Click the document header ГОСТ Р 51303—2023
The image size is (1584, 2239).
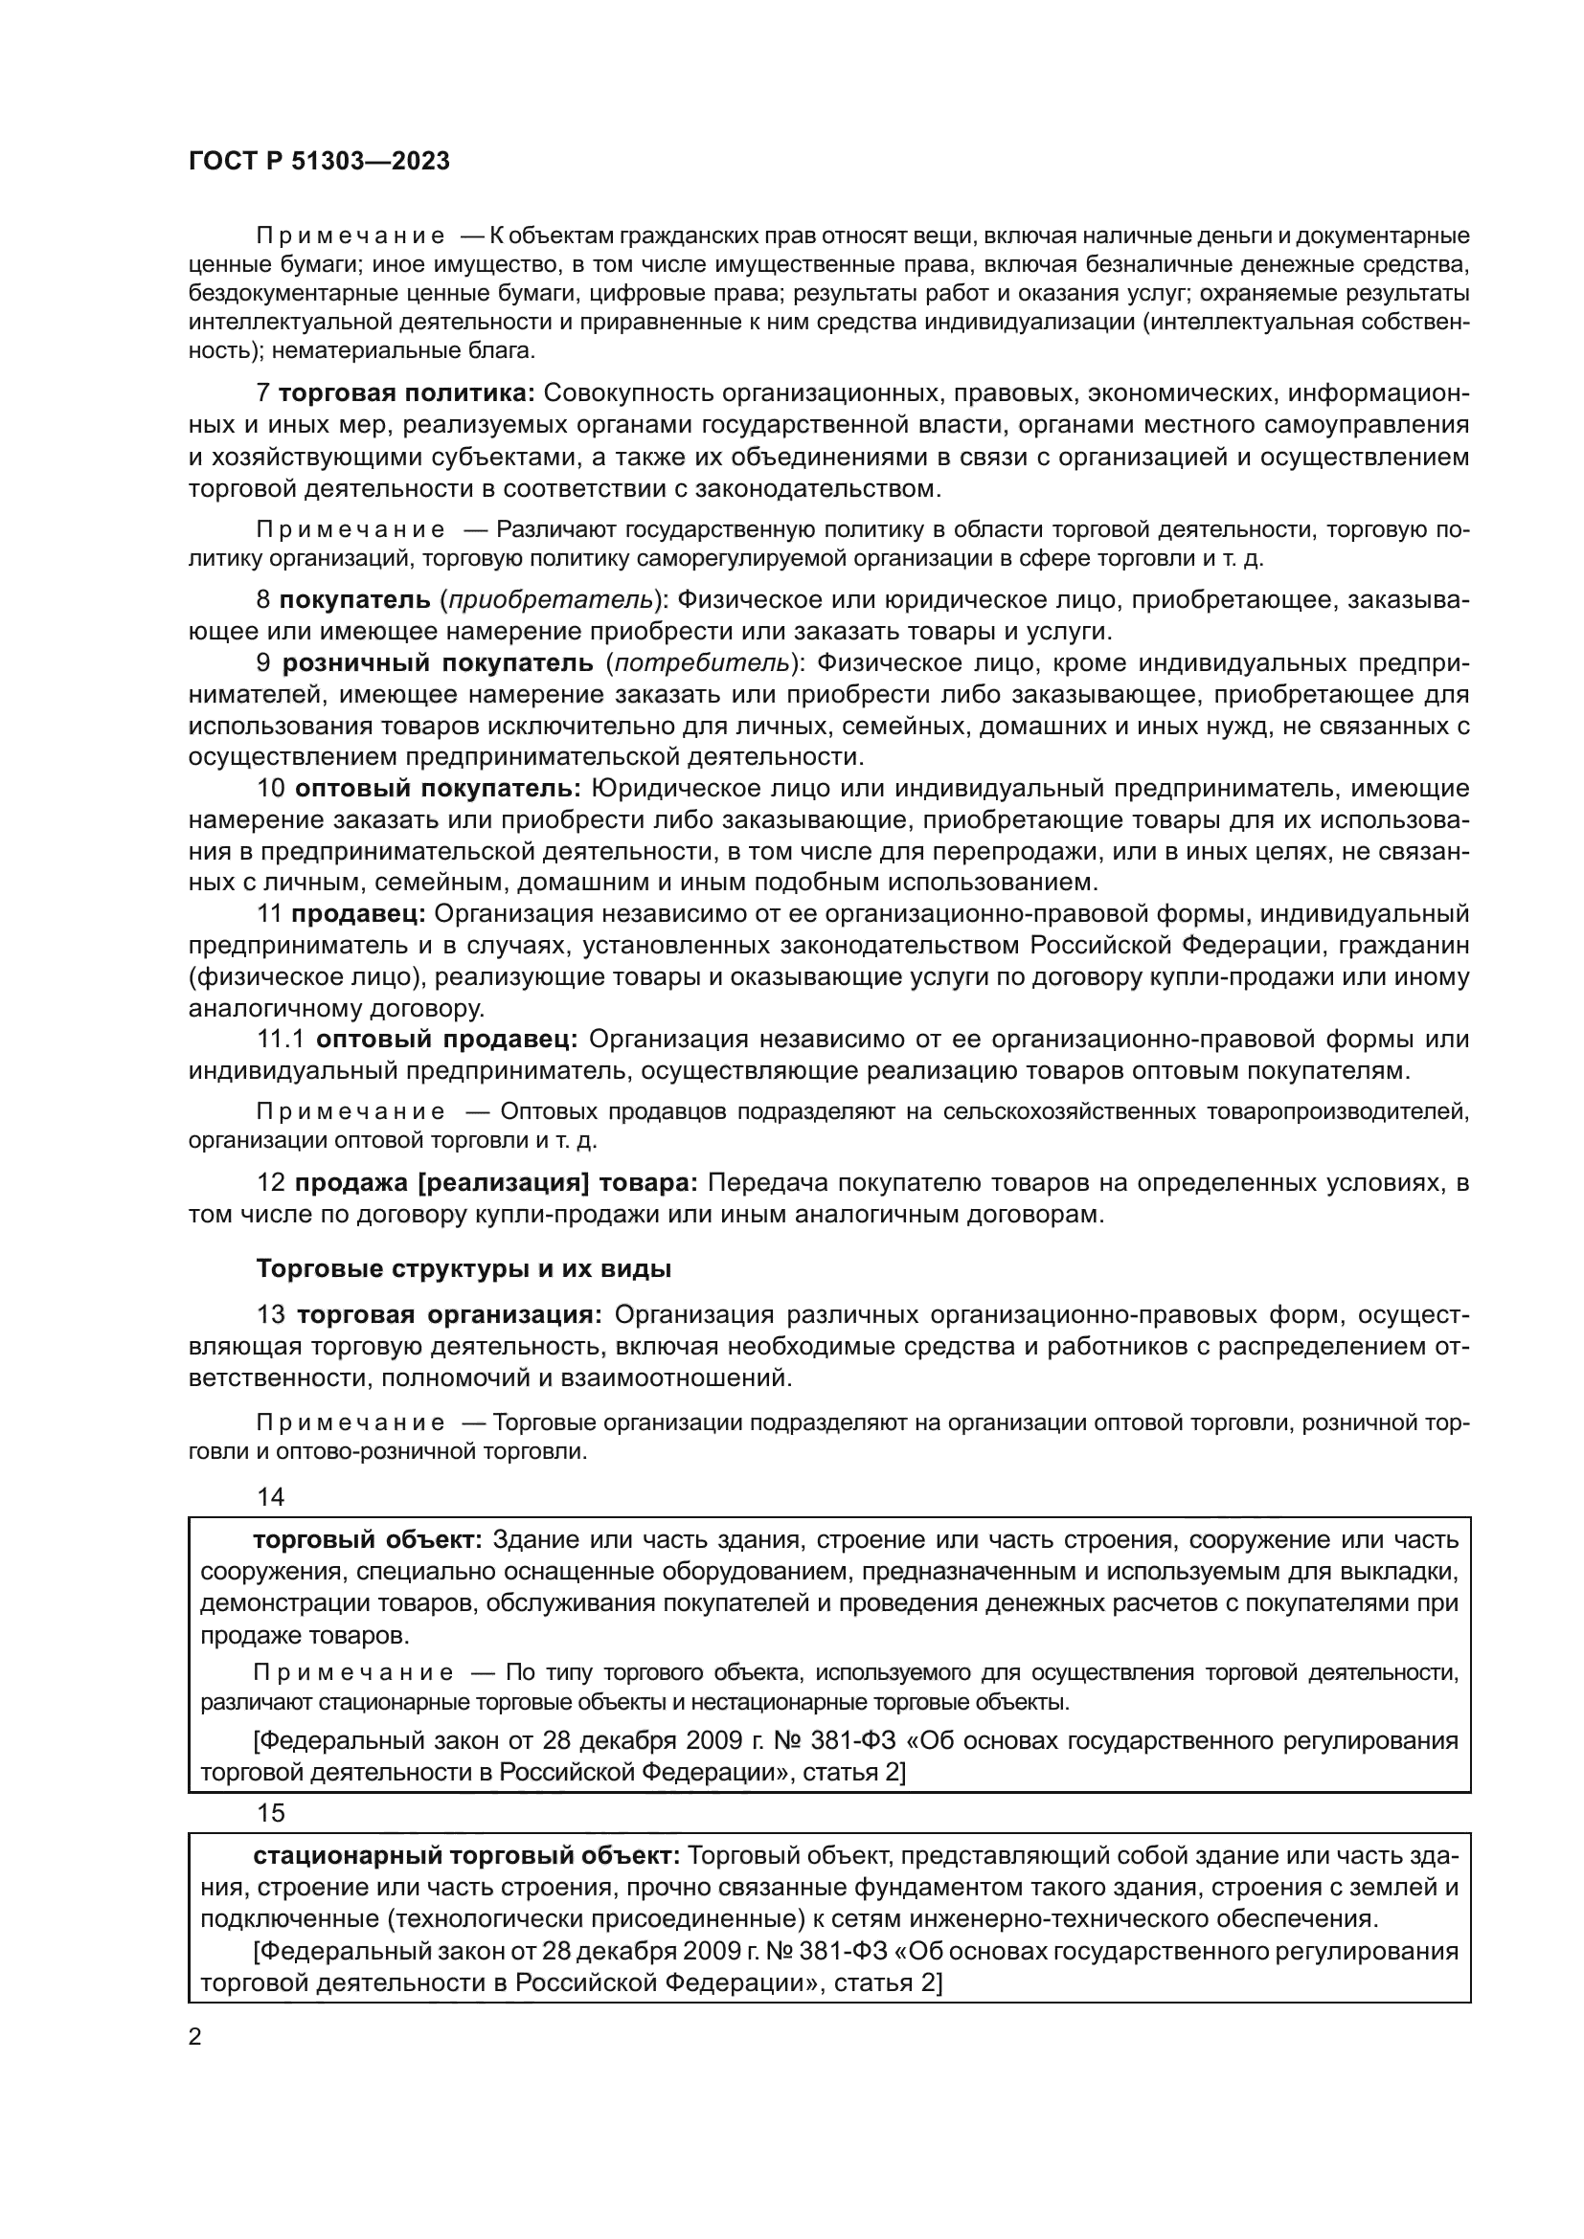pos(319,162)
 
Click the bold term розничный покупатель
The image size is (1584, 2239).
pos(437,663)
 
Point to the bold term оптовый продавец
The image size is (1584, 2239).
pos(446,1040)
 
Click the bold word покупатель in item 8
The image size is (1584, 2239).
pos(354,598)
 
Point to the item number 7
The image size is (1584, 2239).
pos(262,393)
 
